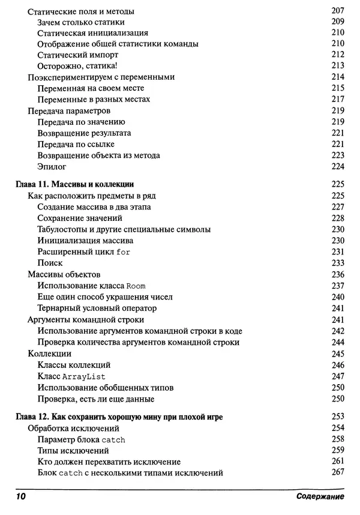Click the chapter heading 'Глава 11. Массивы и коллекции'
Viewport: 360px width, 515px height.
[74, 184]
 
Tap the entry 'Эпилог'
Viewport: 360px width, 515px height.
[51, 166]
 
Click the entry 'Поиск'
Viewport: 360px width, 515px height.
[50, 263]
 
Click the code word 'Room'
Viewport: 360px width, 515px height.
[136, 286]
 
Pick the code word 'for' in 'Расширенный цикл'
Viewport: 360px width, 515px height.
[123, 252]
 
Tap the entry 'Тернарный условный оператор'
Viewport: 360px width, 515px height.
[97, 308]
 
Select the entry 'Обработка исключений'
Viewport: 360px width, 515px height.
[74, 429]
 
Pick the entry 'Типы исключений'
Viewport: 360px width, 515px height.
[70, 451]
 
